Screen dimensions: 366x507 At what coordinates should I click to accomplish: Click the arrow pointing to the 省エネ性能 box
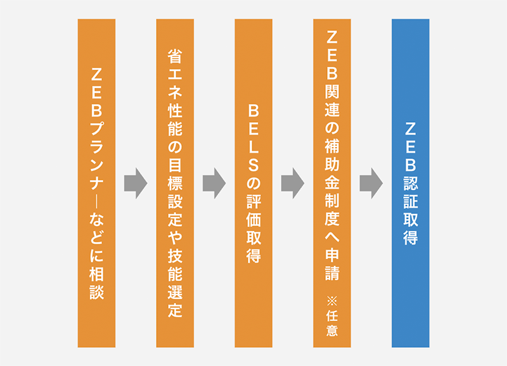[x=135, y=183]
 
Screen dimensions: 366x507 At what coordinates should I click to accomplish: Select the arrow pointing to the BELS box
[x=214, y=183]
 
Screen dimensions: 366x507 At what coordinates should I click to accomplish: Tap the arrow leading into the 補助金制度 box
[x=292, y=183]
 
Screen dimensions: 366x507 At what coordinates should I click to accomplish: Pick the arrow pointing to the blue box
[x=371, y=183]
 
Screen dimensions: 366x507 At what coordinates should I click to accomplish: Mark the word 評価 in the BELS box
[x=253, y=199]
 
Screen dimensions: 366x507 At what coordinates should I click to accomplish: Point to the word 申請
[x=332, y=265]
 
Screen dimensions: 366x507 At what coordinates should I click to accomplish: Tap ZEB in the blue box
[x=411, y=147]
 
